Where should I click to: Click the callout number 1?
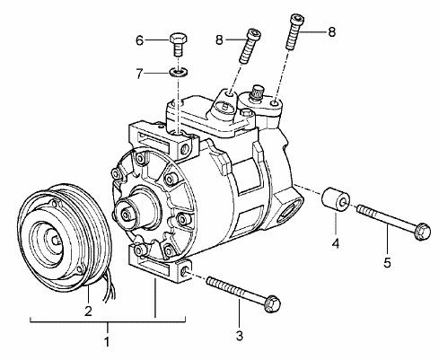tap(107, 341)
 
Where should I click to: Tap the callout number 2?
tap(88, 312)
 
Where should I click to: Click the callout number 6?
tap(140, 40)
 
